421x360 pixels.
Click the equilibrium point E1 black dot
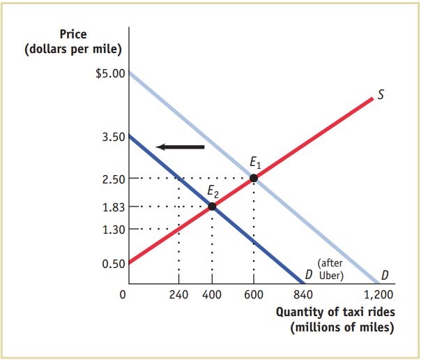pos(253,178)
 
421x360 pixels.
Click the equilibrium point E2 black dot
pos(212,206)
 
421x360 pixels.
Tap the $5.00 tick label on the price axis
pos(109,73)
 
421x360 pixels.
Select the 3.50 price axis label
pos(112,137)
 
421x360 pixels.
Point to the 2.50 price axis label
pos(112,179)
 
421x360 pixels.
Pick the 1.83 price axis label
pos(112,207)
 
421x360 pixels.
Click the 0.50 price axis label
pos(112,264)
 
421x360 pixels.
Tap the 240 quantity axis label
pos(178,294)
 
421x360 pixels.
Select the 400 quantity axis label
pos(212,294)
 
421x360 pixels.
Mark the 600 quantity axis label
pos(253,294)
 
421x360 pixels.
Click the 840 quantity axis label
pos(303,294)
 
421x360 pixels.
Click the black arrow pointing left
pos(181,147)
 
